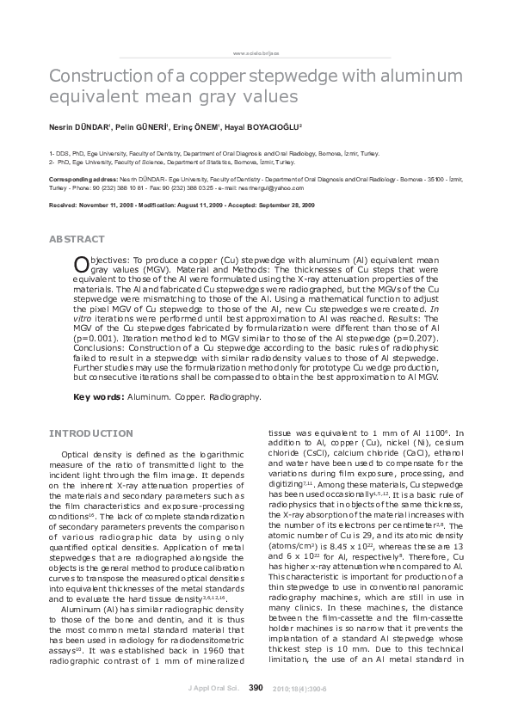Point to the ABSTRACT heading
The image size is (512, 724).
(x=77, y=238)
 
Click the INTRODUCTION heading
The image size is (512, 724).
(x=91, y=433)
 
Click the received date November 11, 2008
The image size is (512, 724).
(x=114, y=206)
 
